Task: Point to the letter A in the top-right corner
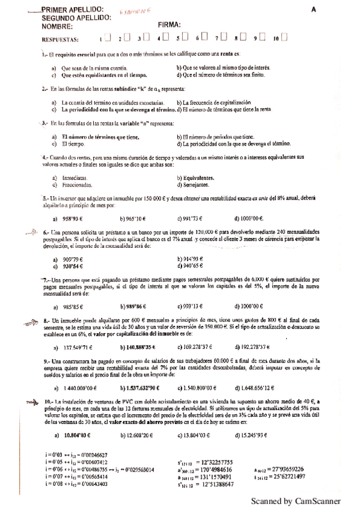coord(314,10)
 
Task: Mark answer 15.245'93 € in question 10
coord(257,435)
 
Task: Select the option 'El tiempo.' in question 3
coord(73,144)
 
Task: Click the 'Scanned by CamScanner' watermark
coord(295,500)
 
